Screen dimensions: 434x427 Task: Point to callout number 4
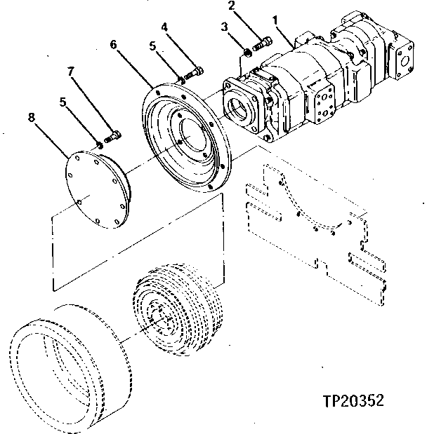[164, 27]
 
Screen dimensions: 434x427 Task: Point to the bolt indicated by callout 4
[193, 72]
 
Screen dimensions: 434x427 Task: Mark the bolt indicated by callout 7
[112, 137]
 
